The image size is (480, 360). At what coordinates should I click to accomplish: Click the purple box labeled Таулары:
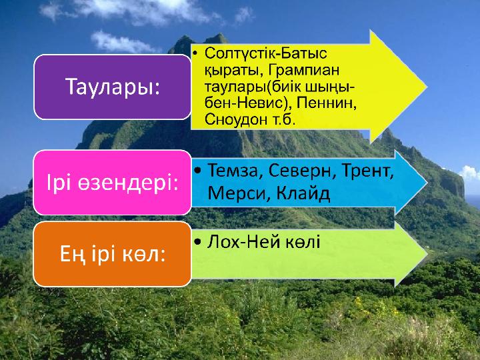pyautogui.click(x=113, y=87)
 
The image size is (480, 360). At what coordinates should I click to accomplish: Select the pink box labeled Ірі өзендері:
pyautogui.click(x=113, y=183)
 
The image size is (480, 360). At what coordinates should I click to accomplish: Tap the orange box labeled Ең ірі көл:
pyautogui.click(x=113, y=254)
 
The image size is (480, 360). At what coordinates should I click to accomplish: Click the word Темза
pyautogui.click(x=233, y=171)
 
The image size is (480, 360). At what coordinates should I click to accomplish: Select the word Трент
pyautogui.click(x=367, y=171)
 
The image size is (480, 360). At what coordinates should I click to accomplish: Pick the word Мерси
pyautogui.click(x=239, y=193)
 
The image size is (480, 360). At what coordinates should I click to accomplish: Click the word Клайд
pyautogui.click(x=303, y=194)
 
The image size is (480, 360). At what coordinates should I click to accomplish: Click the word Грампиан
pyautogui.click(x=304, y=71)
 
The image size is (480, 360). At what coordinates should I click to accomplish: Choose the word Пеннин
pyautogui.click(x=326, y=103)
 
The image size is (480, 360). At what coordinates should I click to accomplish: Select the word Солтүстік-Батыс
pyautogui.click(x=266, y=53)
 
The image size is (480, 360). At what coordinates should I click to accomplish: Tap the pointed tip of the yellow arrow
pyautogui.click(x=427, y=87)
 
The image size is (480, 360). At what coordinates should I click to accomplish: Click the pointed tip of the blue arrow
pyautogui.click(x=427, y=183)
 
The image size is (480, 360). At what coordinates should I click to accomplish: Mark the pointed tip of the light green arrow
pyautogui.click(x=427, y=254)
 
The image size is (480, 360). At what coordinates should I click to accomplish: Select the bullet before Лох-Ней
pyautogui.click(x=198, y=242)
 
